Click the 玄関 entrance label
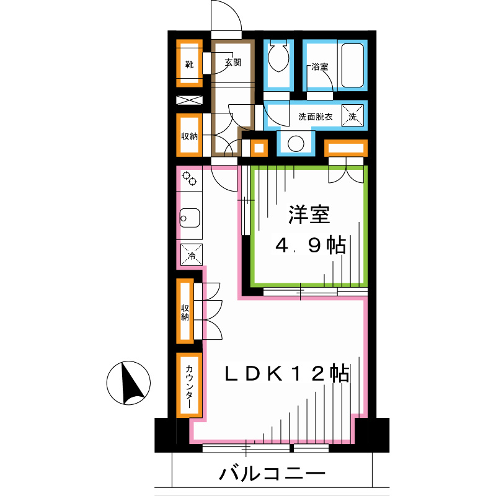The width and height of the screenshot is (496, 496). pos(233,63)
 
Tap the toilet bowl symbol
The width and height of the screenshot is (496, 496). pos(278,57)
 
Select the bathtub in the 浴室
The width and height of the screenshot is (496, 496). pos(352,65)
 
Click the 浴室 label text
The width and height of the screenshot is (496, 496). pos(320,67)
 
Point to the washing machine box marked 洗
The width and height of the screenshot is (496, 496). pos(352,116)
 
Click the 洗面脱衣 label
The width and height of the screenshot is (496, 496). pos(316,117)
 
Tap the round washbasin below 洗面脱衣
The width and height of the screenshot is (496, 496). pos(296,144)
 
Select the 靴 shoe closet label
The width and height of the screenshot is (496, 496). pos(189,64)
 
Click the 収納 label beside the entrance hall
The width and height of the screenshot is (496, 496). pos(189,136)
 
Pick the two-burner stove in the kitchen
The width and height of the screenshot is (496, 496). pos(189,179)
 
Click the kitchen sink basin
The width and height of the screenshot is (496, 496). pos(190,218)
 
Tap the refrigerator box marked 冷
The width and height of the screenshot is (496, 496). pos(192,255)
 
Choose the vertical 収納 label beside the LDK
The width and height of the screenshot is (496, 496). pos(185,312)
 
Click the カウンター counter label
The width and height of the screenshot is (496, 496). pos(189,386)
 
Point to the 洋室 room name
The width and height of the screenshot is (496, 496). pos(309,215)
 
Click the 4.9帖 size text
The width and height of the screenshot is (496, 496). pos(311,245)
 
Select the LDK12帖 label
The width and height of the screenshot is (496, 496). pos(287,374)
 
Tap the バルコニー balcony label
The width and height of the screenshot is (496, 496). pos(272,474)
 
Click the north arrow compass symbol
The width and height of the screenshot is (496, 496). pos(128,383)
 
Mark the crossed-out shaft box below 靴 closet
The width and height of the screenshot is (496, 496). pos(189,100)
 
